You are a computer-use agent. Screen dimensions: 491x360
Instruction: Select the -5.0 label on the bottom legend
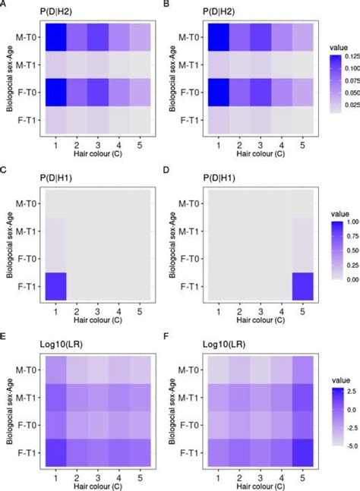pos(343,436)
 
